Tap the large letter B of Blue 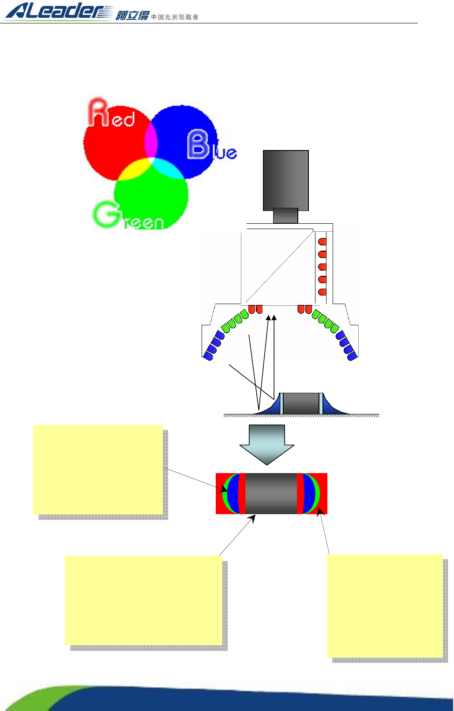tap(198, 144)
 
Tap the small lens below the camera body tap(285, 215)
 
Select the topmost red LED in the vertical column tap(323, 242)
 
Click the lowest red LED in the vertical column tap(323, 292)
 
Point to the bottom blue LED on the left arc tap(208, 355)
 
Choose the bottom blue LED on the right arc tap(352, 356)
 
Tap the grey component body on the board tap(301, 403)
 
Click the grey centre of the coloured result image tap(271, 493)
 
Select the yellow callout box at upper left tap(98, 469)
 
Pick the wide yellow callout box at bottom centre tap(143, 600)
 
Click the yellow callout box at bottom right tap(385, 606)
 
